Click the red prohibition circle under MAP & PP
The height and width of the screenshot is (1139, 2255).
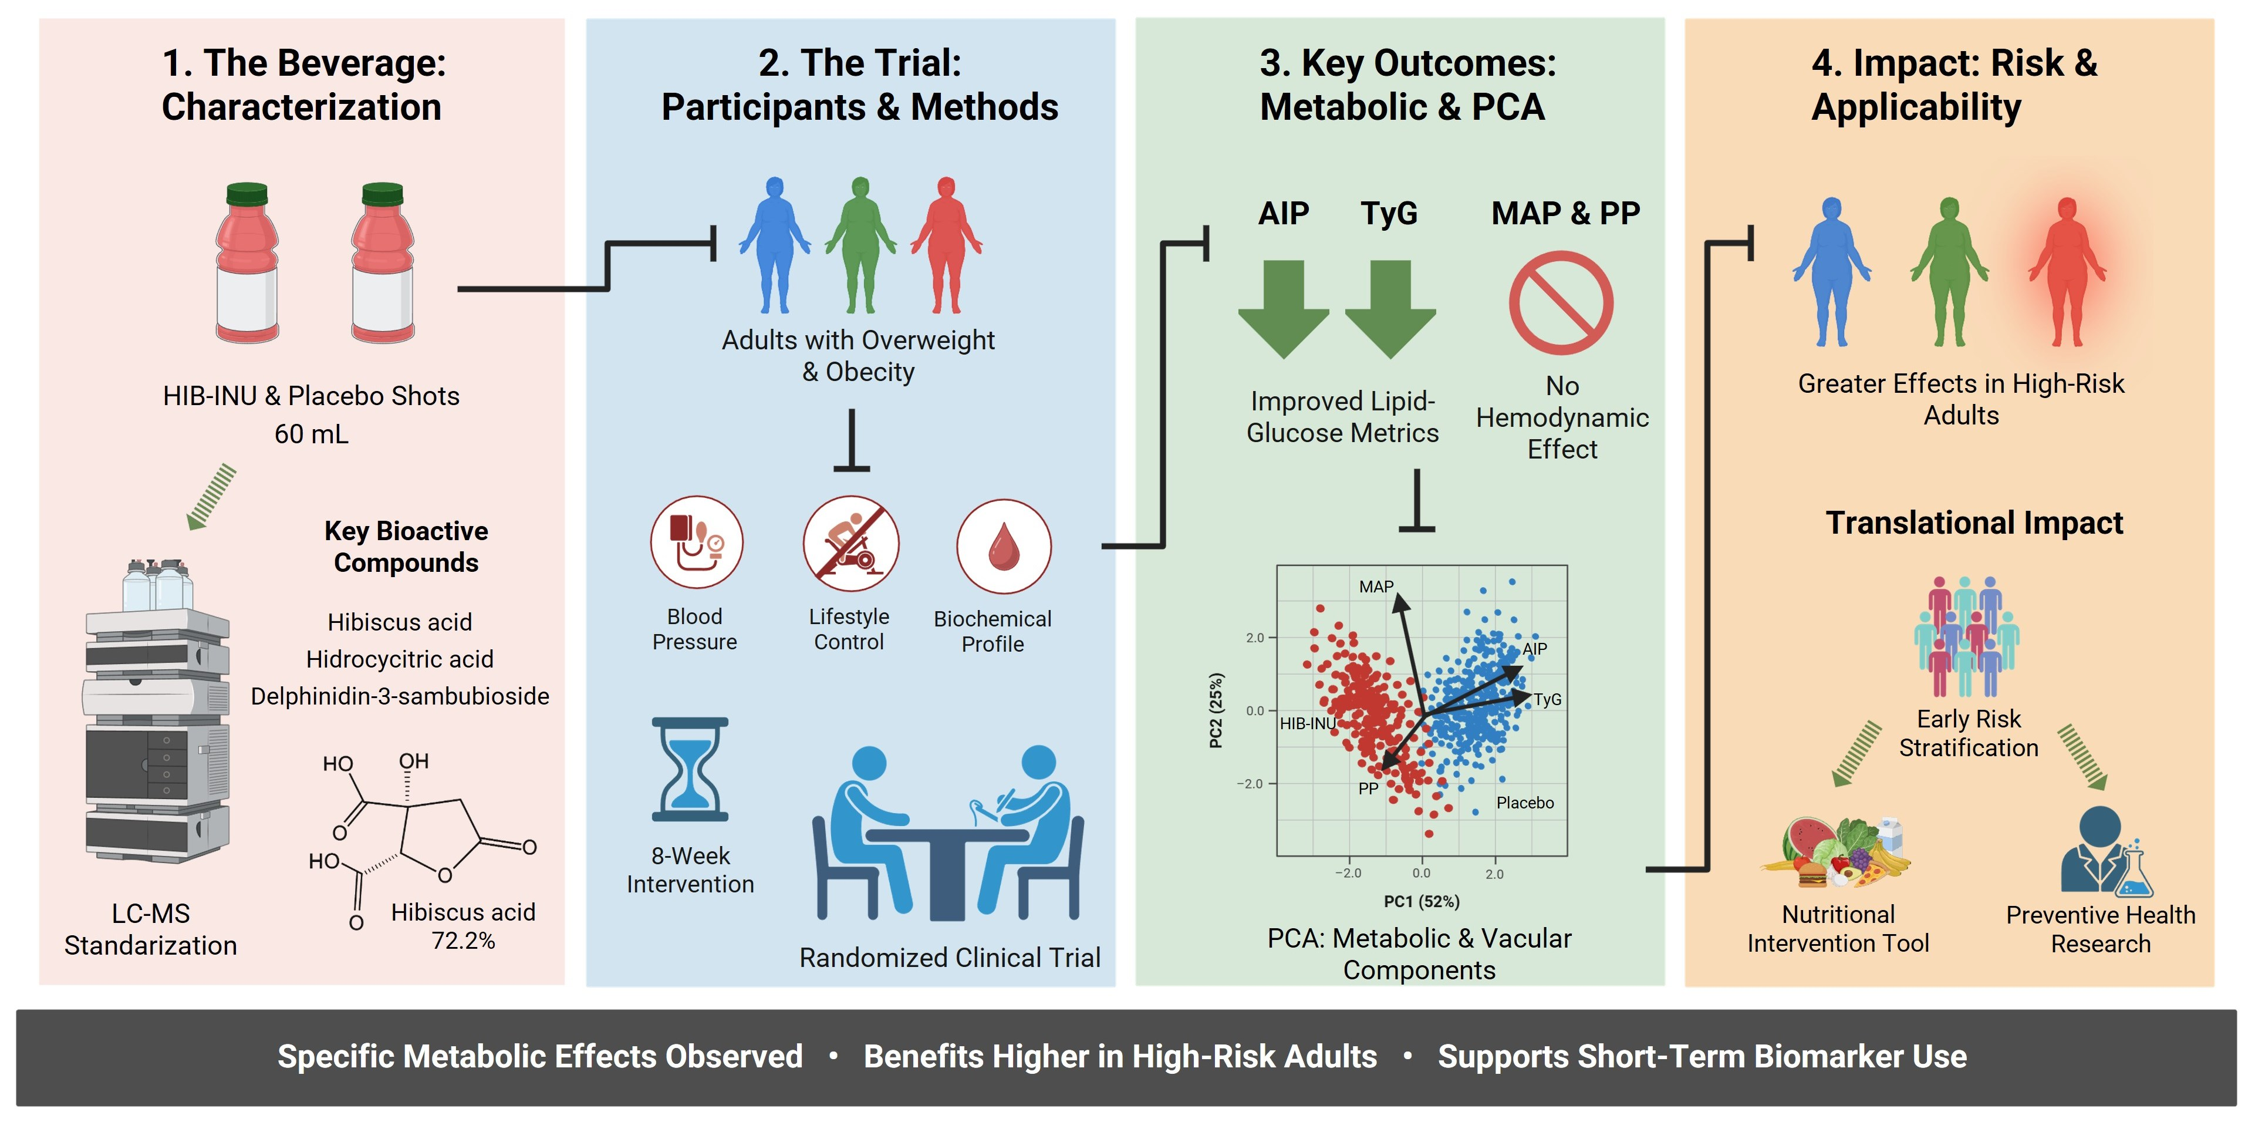click(1560, 303)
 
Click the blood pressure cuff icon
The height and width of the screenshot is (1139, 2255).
click(696, 542)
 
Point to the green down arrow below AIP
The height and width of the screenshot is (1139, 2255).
click(1283, 308)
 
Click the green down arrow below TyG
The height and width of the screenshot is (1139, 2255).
click(1390, 308)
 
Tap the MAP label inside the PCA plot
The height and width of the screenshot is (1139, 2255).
click(1375, 587)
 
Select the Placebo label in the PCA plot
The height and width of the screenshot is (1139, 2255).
click(1525, 803)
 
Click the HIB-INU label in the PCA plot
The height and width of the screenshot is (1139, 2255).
click(1307, 723)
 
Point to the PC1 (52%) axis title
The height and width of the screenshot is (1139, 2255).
click(1421, 901)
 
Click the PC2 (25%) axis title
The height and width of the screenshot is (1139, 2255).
click(1216, 710)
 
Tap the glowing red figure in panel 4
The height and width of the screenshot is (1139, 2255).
click(2066, 271)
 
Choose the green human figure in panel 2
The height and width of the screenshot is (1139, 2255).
click(860, 245)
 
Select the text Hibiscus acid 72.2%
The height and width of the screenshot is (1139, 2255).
click(463, 925)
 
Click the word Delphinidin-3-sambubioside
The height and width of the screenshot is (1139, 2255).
click(400, 696)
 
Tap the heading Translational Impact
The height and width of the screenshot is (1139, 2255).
click(1974, 523)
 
